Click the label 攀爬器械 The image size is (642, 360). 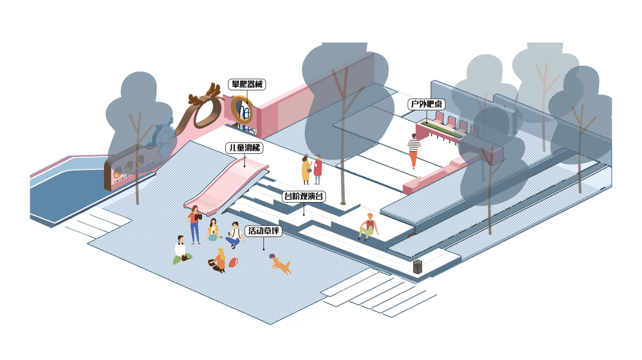(x=247, y=84)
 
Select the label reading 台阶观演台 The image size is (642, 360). (x=303, y=196)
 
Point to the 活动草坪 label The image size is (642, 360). (x=263, y=231)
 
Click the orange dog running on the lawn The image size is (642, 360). (x=282, y=267)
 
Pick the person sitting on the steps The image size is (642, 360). (x=369, y=226)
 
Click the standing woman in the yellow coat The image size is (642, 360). (x=306, y=170)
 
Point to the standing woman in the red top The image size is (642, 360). (x=318, y=170)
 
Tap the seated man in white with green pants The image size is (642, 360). (x=181, y=250)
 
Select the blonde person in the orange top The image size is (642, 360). (x=219, y=260)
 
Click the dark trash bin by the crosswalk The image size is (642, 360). (x=418, y=267)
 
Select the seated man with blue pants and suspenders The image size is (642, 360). (x=234, y=235)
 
